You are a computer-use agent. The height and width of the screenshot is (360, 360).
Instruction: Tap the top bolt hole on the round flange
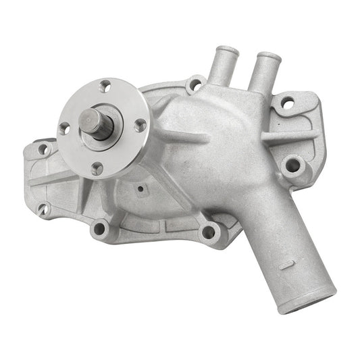106,86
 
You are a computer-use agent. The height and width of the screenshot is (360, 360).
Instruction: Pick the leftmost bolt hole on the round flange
64,128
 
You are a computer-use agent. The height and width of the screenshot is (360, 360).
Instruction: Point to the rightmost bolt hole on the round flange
139,125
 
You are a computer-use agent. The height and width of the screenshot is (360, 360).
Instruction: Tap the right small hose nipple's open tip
269,57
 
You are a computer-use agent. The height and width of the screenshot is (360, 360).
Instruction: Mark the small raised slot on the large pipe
286,265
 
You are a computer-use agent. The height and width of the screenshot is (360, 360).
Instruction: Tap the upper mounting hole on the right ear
287,104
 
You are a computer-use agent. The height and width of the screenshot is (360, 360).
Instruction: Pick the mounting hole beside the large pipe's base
209,232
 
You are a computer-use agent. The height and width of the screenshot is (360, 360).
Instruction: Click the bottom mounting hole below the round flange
100,228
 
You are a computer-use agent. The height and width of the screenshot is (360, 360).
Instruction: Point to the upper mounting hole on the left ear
43,150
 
